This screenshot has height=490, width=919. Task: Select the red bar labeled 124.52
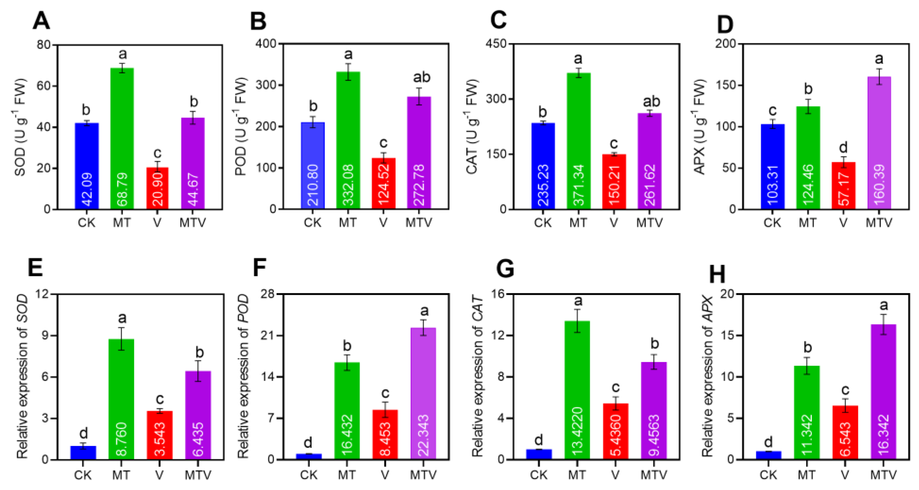click(x=383, y=183)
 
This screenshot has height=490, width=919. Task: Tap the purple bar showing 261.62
click(x=650, y=161)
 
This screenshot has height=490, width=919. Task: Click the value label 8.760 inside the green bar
click(x=122, y=439)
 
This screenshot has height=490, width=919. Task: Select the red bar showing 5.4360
click(x=615, y=431)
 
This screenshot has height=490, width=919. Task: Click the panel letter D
click(x=724, y=24)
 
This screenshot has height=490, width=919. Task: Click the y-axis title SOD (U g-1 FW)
click(x=21, y=127)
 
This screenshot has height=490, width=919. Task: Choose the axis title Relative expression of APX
click(x=707, y=376)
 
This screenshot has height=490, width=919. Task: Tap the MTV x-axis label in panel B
click(x=418, y=223)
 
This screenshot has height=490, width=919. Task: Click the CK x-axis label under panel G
click(x=539, y=475)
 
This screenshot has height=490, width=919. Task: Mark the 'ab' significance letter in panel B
click(x=422, y=77)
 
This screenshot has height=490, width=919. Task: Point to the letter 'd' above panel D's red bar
click(x=843, y=147)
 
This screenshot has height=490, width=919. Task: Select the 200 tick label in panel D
click(x=726, y=44)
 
